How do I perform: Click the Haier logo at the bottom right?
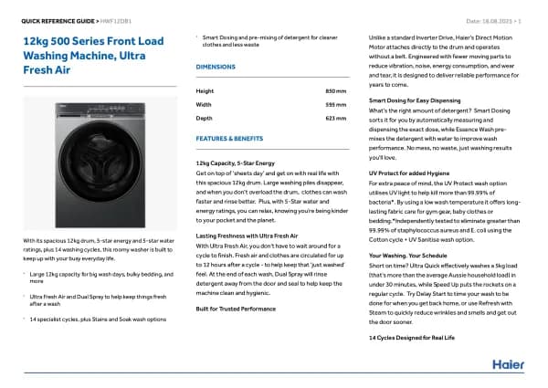point(509,363)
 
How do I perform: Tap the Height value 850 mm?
point(336,90)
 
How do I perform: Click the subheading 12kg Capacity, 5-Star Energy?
point(235,162)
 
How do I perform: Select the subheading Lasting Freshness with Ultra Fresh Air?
point(248,236)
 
